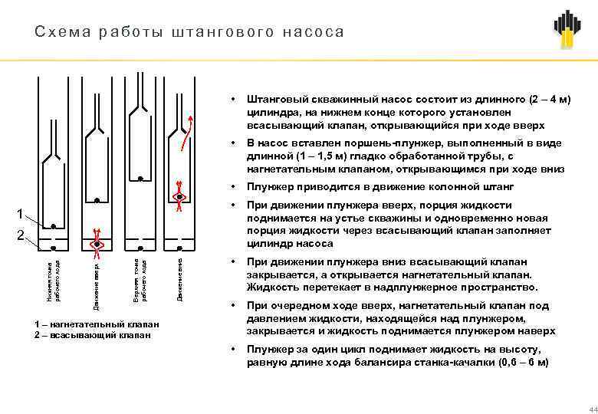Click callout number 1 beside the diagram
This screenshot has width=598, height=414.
(x=22, y=212)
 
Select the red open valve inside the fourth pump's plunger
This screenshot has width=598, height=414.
(x=179, y=196)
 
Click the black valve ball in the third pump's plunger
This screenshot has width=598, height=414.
(x=140, y=179)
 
